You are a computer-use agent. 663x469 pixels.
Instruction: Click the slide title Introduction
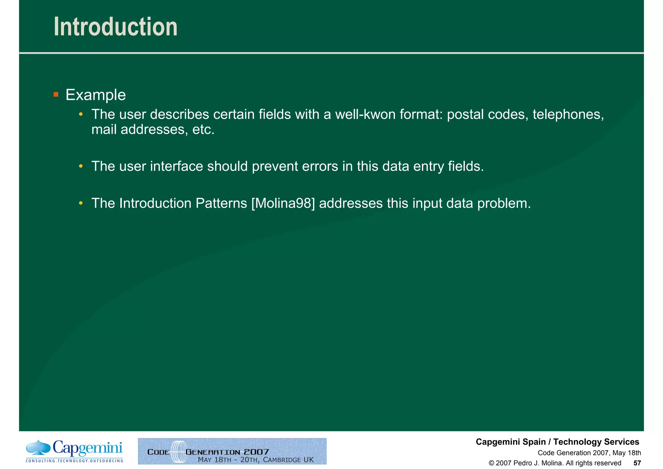tap(116, 27)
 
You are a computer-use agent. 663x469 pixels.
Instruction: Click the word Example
tap(96, 95)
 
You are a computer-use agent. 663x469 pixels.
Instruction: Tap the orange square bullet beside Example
tap(56, 95)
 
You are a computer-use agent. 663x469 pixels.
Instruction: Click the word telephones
tap(568, 114)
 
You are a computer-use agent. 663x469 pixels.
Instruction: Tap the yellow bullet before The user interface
tap(81, 167)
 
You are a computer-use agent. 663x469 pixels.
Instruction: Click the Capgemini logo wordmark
tap(87, 449)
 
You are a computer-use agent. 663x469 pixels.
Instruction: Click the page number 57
tap(637, 463)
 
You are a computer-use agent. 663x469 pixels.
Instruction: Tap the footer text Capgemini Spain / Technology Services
tap(557, 442)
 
